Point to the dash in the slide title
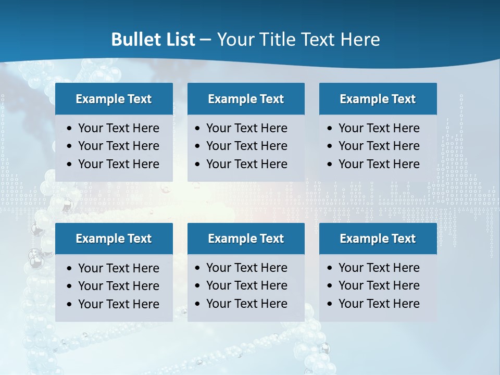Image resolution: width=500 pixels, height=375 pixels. pos(205,40)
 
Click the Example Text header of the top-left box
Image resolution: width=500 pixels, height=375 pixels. pos(114,99)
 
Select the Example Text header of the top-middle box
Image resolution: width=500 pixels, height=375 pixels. pos(246,99)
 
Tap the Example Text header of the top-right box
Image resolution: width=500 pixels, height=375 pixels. pos(378,99)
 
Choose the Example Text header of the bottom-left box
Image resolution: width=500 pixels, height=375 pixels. pos(114,239)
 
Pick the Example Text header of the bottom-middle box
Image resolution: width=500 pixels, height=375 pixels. pos(246,239)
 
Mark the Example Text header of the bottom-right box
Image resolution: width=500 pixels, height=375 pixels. pos(378,239)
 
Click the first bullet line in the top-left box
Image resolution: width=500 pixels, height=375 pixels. pos(119,128)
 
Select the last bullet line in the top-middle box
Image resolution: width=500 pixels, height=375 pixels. pos(247,164)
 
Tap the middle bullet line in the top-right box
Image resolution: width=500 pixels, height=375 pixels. pos(379,146)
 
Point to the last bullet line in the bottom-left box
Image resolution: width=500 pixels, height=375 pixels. pos(119,304)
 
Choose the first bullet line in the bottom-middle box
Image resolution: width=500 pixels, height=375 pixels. pos(247,268)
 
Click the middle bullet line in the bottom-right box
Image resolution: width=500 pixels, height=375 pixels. pos(379,285)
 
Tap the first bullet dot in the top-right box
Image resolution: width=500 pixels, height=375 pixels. pos(330,129)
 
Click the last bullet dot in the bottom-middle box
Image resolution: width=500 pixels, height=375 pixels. pos(198,304)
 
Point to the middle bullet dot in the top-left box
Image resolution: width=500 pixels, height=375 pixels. pos(70,146)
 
